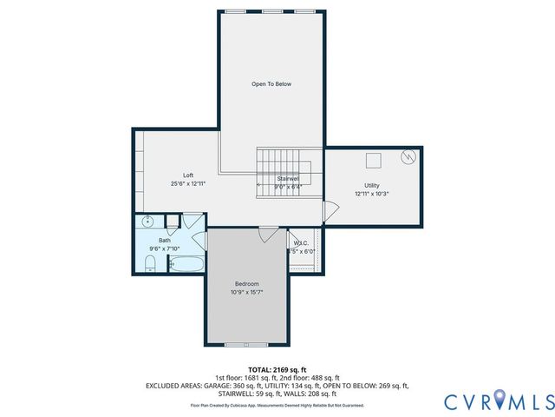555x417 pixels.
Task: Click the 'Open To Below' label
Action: (x=271, y=84)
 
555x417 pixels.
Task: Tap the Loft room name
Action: (x=188, y=175)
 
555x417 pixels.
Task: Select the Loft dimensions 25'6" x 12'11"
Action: (x=188, y=184)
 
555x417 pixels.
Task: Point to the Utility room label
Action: (x=372, y=186)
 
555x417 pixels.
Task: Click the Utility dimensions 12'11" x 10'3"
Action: (x=372, y=194)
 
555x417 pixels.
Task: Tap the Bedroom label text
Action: (x=247, y=284)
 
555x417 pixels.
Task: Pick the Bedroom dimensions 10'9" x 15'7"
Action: (x=247, y=293)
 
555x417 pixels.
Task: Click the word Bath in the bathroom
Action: (x=164, y=241)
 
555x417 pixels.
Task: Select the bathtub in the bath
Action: (x=186, y=264)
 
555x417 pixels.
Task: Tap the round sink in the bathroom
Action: (x=148, y=220)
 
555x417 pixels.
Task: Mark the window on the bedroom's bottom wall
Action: (x=246, y=345)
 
